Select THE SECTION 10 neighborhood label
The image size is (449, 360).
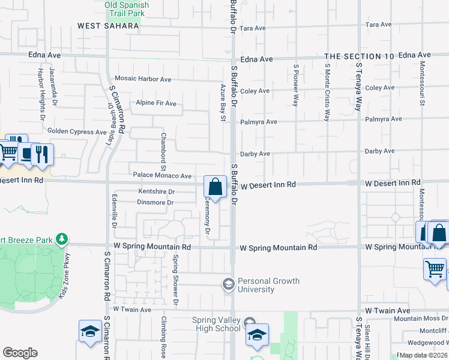click(x=359, y=56)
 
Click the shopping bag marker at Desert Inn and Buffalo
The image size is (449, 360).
click(x=215, y=187)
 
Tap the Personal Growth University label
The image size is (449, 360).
click(x=265, y=285)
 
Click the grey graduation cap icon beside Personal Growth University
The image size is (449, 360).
click(x=228, y=284)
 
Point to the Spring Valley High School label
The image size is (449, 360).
click(x=217, y=324)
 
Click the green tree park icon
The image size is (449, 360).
click(x=61, y=240)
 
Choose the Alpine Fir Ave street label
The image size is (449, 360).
click(x=156, y=103)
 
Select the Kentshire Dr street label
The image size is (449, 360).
click(x=156, y=191)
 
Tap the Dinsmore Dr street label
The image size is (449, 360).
click(x=155, y=203)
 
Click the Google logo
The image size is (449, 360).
click(x=20, y=353)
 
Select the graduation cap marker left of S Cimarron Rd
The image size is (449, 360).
click(x=91, y=332)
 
